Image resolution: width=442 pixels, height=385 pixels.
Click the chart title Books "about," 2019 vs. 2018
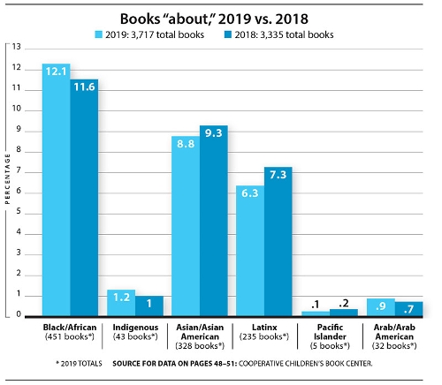(220, 15)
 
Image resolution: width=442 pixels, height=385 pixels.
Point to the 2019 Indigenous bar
(121, 303)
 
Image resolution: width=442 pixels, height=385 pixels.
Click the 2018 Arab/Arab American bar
(408, 308)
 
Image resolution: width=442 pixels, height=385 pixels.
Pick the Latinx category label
(263, 326)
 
